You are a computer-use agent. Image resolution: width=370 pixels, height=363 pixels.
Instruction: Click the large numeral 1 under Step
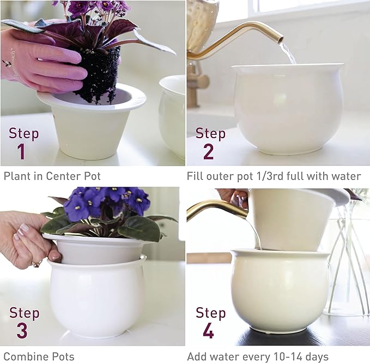tap(21, 151)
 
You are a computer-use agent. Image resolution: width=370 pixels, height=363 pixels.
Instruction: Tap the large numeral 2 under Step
tap(208, 151)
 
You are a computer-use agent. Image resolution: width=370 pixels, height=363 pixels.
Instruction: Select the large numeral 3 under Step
tap(21, 331)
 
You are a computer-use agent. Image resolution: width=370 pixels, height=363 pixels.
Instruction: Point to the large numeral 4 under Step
tap(208, 331)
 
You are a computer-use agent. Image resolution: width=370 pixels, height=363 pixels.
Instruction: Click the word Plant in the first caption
tap(17, 176)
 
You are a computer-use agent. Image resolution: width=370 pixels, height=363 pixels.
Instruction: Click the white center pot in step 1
tap(90, 128)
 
